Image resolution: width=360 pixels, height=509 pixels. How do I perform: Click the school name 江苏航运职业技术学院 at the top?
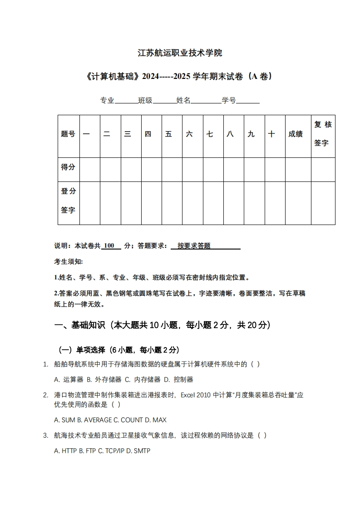[x=180, y=53]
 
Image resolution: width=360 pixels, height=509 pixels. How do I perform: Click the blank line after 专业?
[x=126, y=101]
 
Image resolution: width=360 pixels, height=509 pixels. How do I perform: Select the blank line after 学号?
[x=248, y=101]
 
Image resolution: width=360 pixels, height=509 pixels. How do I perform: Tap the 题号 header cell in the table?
[x=68, y=134]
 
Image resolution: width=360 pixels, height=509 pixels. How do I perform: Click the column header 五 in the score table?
[x=168, y=134]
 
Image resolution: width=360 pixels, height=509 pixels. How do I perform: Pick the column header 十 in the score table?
[x=271, y=134]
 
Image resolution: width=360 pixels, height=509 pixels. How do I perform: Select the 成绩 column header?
[x=296, y=134]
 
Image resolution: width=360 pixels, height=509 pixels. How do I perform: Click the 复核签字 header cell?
[x=323, y=134]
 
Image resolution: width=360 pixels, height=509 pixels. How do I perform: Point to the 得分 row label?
[x=68, y=167]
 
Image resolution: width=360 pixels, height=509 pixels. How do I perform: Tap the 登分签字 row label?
[x=68, y=201]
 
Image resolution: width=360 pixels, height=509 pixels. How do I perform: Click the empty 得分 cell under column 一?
[x=90, y=169]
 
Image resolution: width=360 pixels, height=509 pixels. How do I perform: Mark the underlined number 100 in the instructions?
[x=109, y=246]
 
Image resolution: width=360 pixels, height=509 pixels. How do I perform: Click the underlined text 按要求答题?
[x=194, y=246]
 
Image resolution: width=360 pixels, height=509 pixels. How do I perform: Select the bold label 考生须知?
[x=69, y=262]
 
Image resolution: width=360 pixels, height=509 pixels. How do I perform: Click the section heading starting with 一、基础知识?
[x=163, y=325]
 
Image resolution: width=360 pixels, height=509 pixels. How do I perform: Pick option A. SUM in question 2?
[x=64, y=420]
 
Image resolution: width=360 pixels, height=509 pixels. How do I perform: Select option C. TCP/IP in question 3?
[x=111, y=451]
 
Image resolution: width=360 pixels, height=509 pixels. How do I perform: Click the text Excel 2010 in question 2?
[x=194, y=395]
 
